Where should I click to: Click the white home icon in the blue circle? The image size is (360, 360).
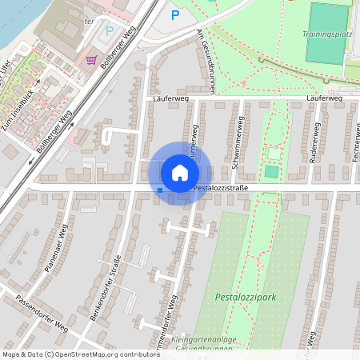pos(179,172)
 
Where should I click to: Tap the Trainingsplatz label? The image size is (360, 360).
pos(327,34)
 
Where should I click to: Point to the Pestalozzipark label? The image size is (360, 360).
pos(246,296)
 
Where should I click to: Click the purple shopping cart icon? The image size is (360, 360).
pos(91,59)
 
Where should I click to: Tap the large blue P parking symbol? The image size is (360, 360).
pos(175,14)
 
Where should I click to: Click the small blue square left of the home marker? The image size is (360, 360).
pos(160,190)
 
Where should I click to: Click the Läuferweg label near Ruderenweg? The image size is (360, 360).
pos(324,98)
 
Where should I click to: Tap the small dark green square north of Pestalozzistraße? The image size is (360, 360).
pos(271,171)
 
